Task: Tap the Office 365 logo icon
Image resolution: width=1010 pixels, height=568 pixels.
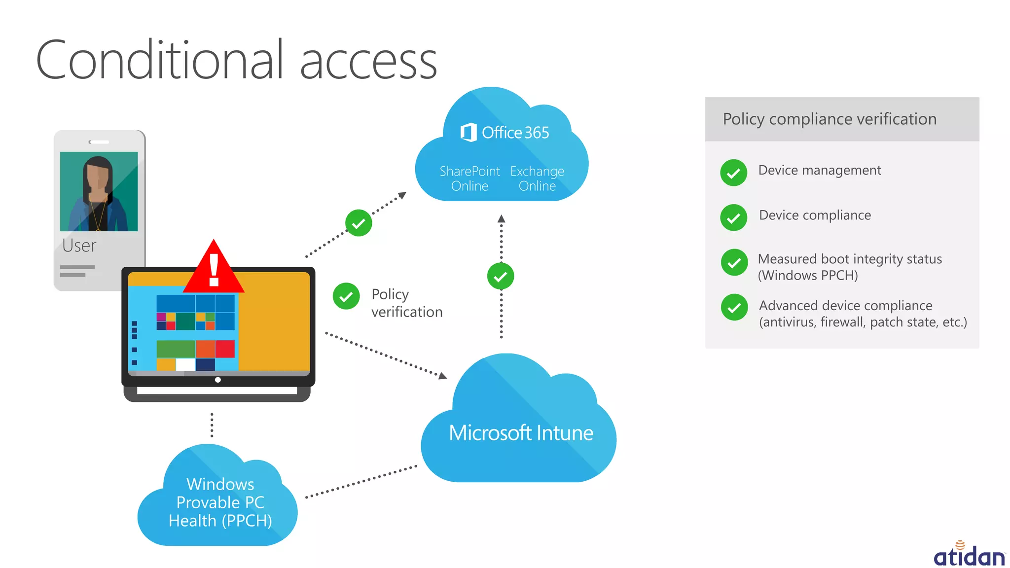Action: point(468,132)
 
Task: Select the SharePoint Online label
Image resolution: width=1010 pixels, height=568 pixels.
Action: point(469,178)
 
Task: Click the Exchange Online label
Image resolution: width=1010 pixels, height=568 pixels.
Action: point(537,178)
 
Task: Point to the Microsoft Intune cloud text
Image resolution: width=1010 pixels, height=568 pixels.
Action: point(521,433)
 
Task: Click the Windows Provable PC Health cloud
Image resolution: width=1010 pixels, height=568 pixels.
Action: point(220,502)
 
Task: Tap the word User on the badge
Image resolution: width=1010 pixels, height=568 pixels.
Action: point(79,246)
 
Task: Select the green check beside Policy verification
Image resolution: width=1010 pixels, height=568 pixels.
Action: point(346,296)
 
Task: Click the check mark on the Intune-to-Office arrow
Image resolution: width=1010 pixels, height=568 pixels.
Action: point(501,276)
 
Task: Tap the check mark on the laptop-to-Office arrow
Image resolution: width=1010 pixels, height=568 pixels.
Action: point(359,223)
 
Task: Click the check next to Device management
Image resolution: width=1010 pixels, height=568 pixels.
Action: point(733,173)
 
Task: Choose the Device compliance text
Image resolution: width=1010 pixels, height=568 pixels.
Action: point(815,215)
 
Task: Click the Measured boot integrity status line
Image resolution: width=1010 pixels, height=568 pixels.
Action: point(850,259)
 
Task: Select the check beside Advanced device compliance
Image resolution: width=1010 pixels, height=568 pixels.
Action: point(734,308)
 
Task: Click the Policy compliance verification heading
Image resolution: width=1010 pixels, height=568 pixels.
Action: point(830,119)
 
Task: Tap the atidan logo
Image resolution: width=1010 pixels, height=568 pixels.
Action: point(969,555)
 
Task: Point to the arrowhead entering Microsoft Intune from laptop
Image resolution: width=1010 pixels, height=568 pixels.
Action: point(443,376)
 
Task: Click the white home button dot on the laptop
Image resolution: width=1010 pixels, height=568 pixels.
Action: point(217,380)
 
